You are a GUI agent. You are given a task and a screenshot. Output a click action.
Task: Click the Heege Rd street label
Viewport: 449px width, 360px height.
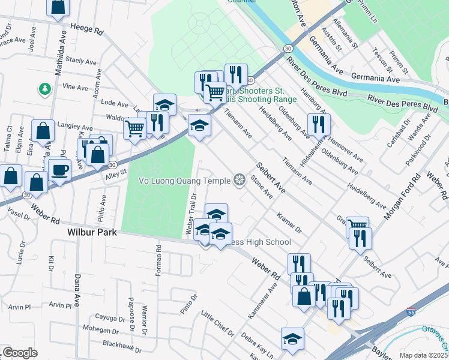(86, 28)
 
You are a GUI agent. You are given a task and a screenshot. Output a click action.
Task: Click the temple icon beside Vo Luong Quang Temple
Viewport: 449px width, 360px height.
(240, 180)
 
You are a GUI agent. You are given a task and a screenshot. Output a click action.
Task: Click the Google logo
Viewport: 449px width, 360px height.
(20, 353)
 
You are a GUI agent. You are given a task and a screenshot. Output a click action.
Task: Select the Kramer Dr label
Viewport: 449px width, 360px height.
(289, 223)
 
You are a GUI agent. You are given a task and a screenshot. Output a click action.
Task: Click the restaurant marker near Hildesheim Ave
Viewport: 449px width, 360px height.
(318, 125)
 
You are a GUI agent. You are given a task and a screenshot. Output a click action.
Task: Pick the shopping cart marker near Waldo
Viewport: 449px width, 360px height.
(135, 127)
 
